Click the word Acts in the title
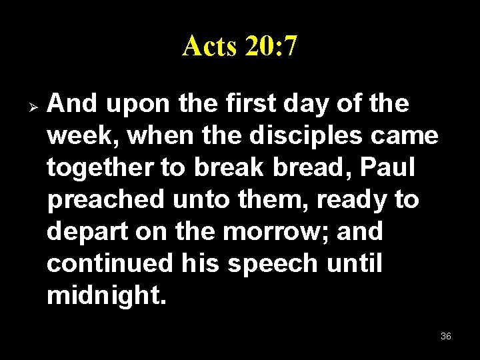209,46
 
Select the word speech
273,264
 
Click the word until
355,264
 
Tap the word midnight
105,296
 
